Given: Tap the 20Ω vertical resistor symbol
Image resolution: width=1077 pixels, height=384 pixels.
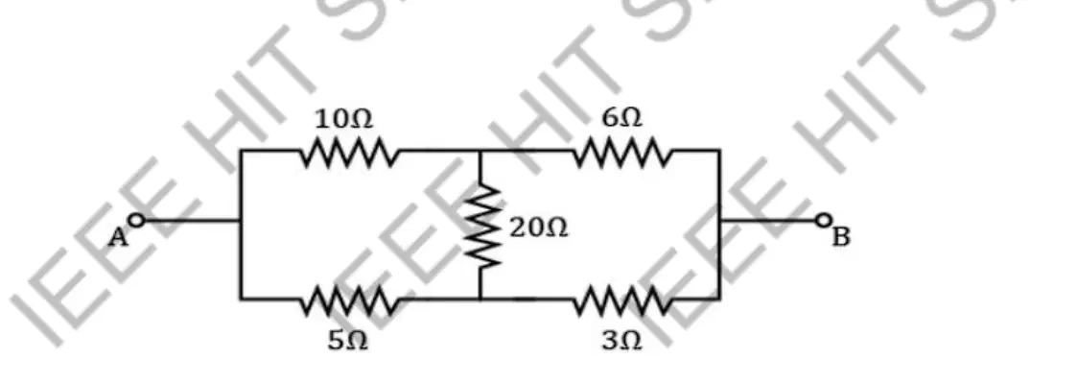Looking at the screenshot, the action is click(480, 225).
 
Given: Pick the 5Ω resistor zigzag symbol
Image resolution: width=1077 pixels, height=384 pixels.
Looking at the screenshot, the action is click(350, 300).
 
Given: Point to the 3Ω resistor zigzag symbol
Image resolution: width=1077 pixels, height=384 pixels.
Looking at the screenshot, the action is click(620, 300).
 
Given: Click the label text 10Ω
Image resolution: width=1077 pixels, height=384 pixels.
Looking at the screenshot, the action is click(343, 119).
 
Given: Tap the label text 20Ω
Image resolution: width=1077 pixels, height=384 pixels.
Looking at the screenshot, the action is click(539, 228).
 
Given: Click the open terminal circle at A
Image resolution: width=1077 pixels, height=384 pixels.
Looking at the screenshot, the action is click(137, 221).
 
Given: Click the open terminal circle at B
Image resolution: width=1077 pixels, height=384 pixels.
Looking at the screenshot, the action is click(823, 221).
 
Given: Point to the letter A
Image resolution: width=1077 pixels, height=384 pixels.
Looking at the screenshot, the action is click(117, 238).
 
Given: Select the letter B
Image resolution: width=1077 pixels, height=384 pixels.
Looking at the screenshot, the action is click(841, 237).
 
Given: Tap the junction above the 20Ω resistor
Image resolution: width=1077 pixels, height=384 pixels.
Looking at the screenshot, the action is click(480, 150).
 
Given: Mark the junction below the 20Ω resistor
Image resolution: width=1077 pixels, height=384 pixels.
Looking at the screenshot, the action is click(480, 299).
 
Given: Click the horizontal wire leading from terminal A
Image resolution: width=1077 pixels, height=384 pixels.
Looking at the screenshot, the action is click(193, 221).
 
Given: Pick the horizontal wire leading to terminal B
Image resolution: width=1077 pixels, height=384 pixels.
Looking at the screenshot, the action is click(767, 221).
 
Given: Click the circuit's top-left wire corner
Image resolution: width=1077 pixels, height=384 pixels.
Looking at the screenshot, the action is click(241, 150).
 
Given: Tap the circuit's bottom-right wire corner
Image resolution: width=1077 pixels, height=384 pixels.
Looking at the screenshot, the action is click(719, 299).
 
